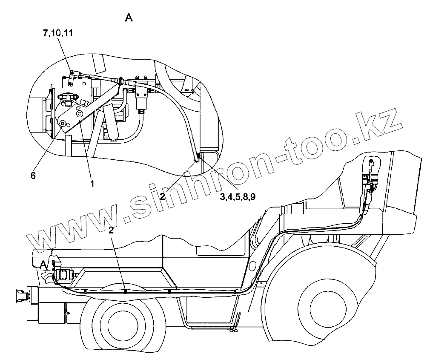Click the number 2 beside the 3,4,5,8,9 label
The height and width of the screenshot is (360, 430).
point(162,196)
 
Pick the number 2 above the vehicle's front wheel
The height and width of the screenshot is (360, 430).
point(112,230)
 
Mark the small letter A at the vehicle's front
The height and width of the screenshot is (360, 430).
point(43,265)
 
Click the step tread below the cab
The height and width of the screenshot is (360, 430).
point(209,327)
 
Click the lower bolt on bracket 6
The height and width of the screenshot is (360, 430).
point(63,123)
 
